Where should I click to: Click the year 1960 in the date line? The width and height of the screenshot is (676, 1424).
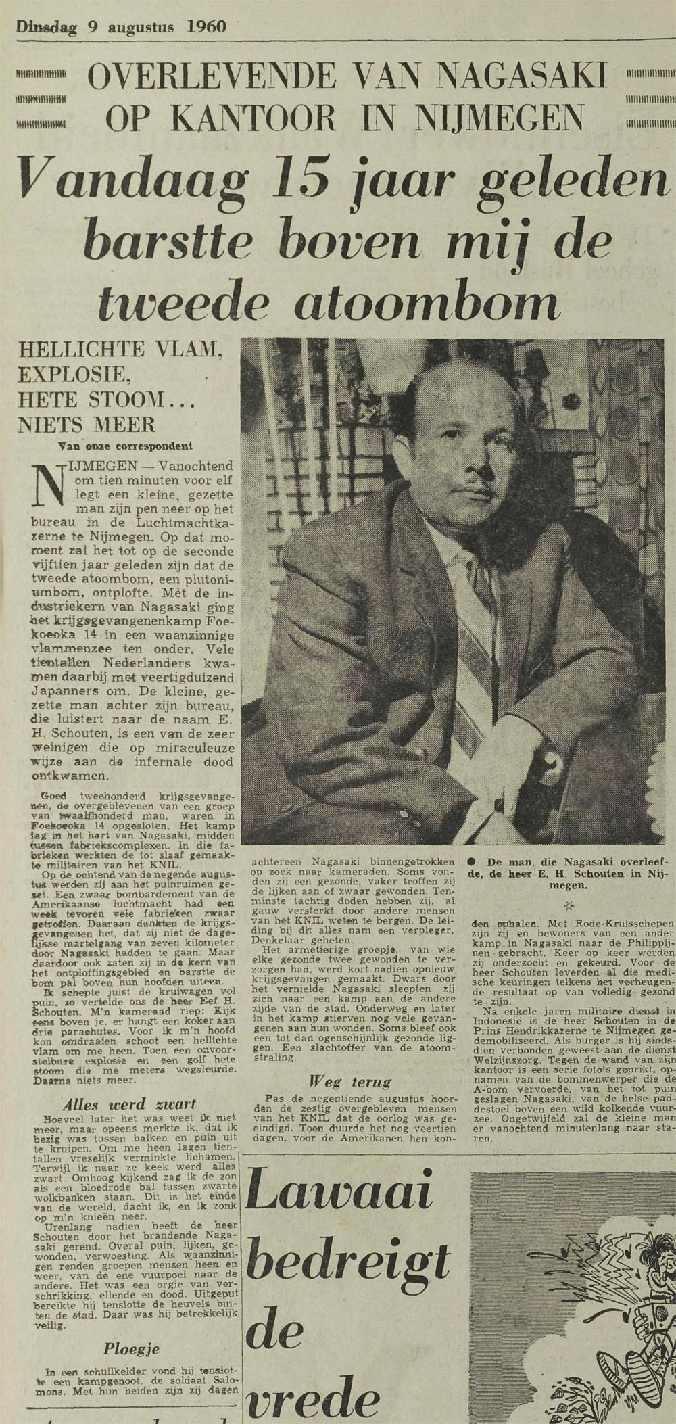(x=204, y=28)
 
